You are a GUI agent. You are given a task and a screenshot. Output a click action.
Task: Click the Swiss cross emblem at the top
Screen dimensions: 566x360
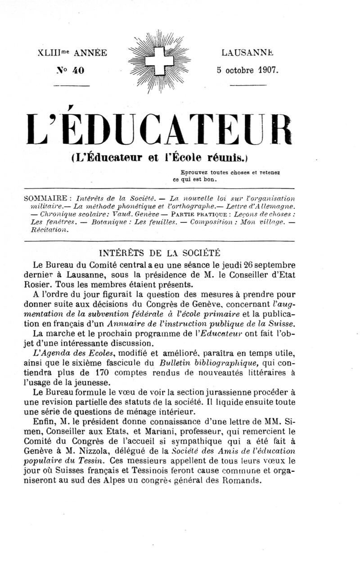(159, 61)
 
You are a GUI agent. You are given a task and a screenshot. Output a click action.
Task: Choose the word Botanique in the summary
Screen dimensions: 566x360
(109, 222)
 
